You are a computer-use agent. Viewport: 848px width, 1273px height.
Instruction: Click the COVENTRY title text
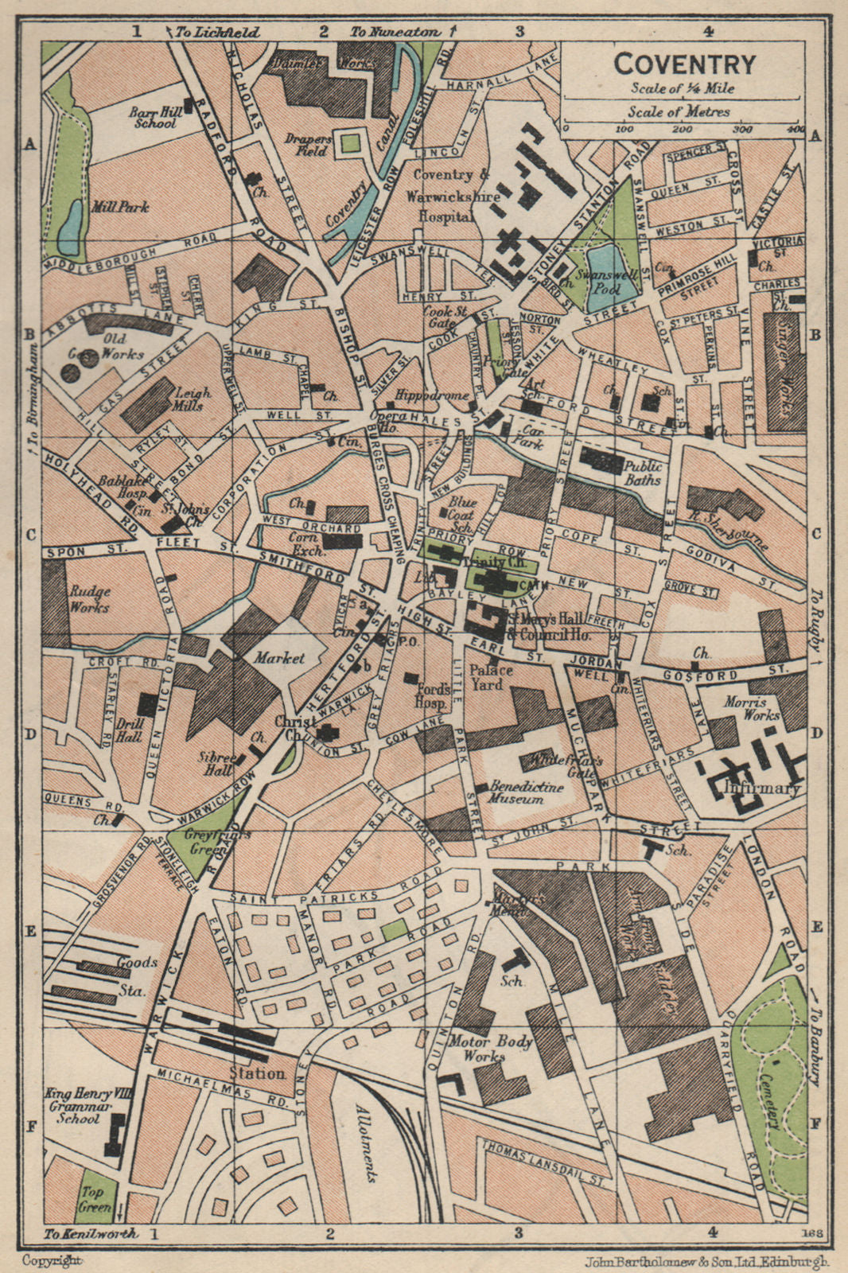684,63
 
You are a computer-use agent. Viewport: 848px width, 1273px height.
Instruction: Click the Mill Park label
120,207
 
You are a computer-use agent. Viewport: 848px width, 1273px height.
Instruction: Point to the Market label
279,658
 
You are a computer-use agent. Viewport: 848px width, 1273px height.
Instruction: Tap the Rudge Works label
90,599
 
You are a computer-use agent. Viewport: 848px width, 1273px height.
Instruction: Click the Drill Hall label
128,730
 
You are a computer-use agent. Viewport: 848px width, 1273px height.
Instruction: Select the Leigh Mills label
193,399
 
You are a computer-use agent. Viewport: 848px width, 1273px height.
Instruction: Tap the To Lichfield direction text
217,32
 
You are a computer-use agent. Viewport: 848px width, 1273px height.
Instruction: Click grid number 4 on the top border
707,31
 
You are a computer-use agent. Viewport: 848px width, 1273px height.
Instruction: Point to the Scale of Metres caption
679,111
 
